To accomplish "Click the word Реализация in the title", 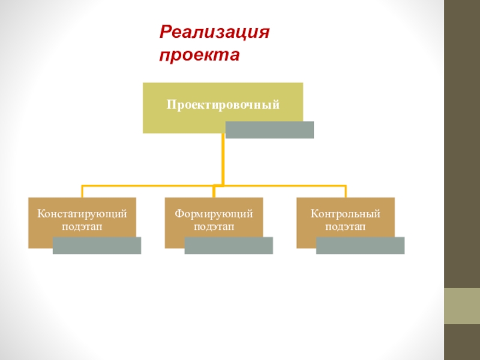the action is (214, 31).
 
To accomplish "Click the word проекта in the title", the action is (199, 55).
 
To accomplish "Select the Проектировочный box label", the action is (223, 105).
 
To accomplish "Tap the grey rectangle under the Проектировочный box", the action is (269, 130).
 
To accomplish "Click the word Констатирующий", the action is (82, 214).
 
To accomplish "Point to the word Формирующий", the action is (214, 214).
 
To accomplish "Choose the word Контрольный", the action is (346, 214).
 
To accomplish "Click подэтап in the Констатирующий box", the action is (82, 227).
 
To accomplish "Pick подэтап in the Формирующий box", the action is (214, 227).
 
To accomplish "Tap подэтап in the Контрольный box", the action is (346, 227).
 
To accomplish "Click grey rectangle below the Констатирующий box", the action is (97, 245).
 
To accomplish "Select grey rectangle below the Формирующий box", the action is (229, 245).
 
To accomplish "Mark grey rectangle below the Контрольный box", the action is (360, 245).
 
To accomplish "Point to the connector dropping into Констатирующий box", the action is (82, 191).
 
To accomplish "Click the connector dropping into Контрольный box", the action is (346, 191).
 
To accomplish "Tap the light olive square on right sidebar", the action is (461, 306).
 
